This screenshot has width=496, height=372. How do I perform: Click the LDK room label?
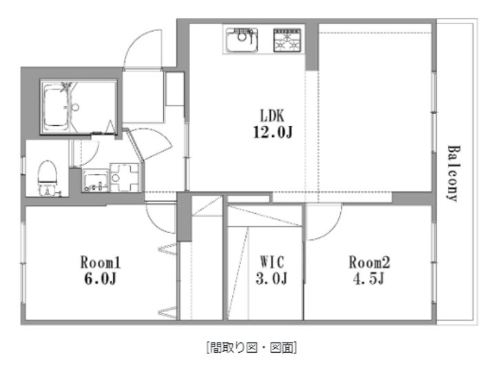[272, 116]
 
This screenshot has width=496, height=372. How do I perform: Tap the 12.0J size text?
[272, 132]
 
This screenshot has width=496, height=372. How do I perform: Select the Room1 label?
[101, 263]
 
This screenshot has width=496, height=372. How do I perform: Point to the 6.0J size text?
[101, 278]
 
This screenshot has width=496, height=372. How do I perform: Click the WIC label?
[272, 262]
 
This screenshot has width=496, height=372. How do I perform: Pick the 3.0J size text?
[271, 278]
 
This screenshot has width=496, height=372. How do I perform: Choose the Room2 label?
[369, 262]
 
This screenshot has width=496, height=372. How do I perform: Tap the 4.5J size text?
[369, 278]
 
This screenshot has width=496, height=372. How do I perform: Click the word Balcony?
[453, 173]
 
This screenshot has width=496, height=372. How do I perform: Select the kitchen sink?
[242, 40]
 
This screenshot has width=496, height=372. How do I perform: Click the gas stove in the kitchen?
[287, 40]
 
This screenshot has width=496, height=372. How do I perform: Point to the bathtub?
[56, 108]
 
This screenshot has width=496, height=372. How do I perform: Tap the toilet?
[48, 178]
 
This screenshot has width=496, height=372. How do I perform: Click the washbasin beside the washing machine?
[95, 181]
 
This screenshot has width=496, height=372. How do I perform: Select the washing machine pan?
[125, 177]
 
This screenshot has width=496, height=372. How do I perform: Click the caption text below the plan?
[251, 348]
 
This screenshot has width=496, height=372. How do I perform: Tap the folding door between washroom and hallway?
[135, 146]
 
